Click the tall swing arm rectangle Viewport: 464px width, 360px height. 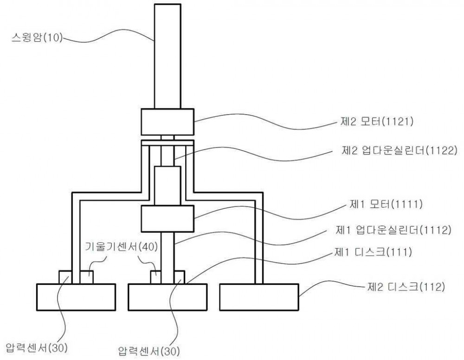click(168, 56)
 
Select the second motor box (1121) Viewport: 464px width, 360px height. click(168, 122)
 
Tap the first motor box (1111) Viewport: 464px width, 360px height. click(168, 219)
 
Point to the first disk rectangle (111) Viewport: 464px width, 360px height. click(168, 297)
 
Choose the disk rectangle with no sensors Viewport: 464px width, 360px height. click(259, 297)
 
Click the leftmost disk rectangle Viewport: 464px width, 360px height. click(76, 297)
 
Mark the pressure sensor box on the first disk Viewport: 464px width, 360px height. click(179, 277)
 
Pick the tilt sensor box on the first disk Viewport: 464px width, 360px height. click(156, 277)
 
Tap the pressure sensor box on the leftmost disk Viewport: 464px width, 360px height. click(65, 277)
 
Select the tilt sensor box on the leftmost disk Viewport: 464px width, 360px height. click(87, 277)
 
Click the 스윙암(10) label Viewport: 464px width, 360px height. click(37, 38)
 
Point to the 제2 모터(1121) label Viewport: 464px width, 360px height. click(376, 122)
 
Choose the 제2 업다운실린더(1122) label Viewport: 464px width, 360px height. click(400, 151)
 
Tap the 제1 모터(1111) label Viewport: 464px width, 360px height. click(386, 204)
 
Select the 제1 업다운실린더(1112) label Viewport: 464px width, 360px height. click(393, 230)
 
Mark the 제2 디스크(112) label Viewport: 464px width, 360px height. click(406, 287)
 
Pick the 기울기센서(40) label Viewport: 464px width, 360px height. click(121, 246)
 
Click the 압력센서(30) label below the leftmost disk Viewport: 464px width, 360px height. click(36, 348)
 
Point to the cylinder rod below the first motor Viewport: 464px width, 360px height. click(168, 258)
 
